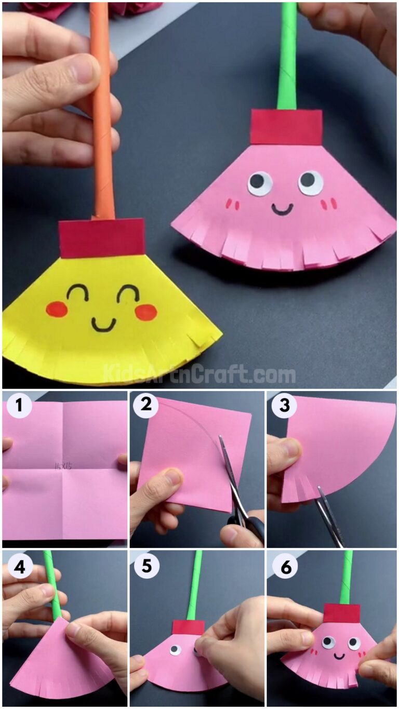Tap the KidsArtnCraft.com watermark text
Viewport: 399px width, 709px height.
(199, 374)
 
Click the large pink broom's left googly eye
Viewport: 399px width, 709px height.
(259, 183)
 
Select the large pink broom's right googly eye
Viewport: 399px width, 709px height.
(310, 182)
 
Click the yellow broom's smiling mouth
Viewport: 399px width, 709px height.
(104, 324)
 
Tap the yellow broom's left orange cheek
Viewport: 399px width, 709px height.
(56, 309)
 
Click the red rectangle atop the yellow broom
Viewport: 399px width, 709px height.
(102, 237)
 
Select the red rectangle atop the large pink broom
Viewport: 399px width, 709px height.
(286, 127)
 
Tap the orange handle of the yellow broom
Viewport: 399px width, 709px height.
(102, 114)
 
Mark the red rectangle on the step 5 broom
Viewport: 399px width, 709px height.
(188, 627)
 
